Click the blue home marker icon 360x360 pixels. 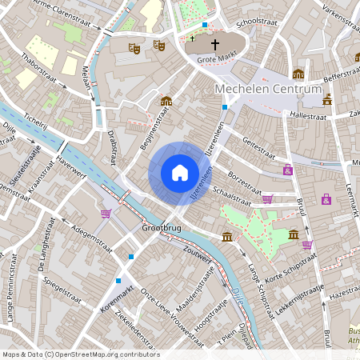click(x=179, y=173)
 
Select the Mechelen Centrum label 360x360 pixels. click(x=268, y=90)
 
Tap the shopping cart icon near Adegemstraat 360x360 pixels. click(x=106, y=214)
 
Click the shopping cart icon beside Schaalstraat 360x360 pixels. click(x=267, y=198)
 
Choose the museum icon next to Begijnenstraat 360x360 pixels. click(x=166, y=101)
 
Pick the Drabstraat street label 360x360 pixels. click(x=113, y=147)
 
